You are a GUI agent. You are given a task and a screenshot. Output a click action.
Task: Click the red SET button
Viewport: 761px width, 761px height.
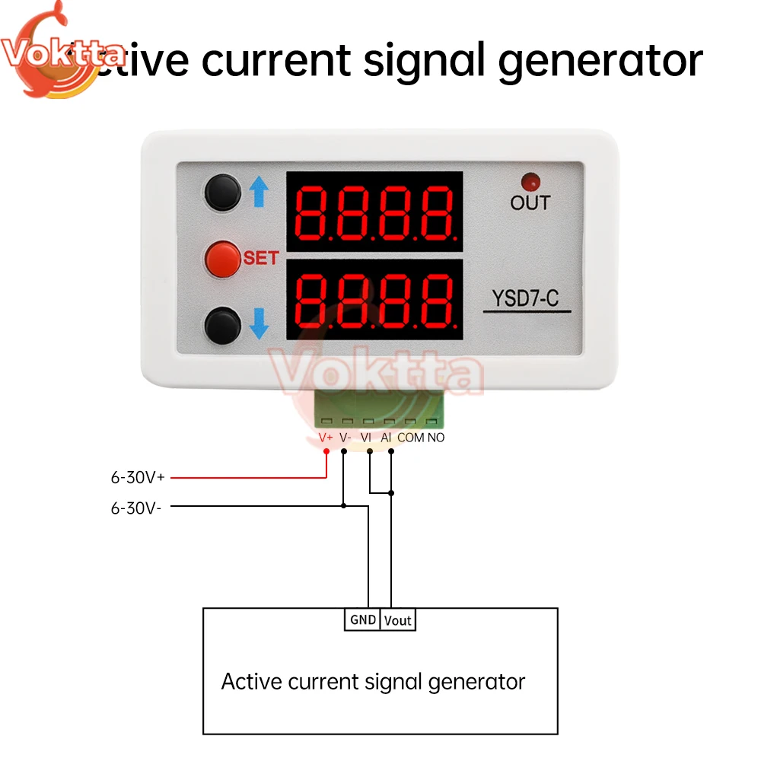tap(221, 259)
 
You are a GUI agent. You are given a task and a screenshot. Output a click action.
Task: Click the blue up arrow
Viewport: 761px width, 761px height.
tap(260, 193)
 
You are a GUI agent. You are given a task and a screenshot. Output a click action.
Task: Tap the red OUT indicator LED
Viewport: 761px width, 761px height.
tap(530, 182)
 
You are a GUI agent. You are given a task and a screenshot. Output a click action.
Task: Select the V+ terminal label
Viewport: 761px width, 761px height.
tap(326, 438)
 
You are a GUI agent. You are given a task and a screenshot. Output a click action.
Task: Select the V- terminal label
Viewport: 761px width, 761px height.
tap(345, 438)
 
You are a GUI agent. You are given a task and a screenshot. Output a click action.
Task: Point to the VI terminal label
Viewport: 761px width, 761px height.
tap(366, 438)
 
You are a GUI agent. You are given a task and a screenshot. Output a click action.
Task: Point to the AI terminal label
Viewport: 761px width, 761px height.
tap(386, 438)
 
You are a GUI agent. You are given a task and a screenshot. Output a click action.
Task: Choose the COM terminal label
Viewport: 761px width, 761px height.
tap(411, 438)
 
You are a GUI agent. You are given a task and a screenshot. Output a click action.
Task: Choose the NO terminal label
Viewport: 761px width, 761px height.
tap(436, 438)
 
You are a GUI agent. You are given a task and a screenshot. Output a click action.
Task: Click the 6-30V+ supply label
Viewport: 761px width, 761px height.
tap(138, 478)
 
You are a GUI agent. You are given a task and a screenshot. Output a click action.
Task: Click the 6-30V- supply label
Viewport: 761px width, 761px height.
tap(136, 508)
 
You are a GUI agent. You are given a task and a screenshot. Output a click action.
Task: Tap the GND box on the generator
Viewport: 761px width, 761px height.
tap(362, 619)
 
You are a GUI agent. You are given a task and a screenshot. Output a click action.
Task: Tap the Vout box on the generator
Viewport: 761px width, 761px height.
tap(397, 620)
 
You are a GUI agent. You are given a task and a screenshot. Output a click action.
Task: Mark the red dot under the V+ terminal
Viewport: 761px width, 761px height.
tap(326, 451)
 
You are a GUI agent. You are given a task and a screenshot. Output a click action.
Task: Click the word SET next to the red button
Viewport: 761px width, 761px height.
tap(261, 258)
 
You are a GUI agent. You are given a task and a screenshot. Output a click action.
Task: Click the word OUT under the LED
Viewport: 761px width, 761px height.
tap(530, 203)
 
